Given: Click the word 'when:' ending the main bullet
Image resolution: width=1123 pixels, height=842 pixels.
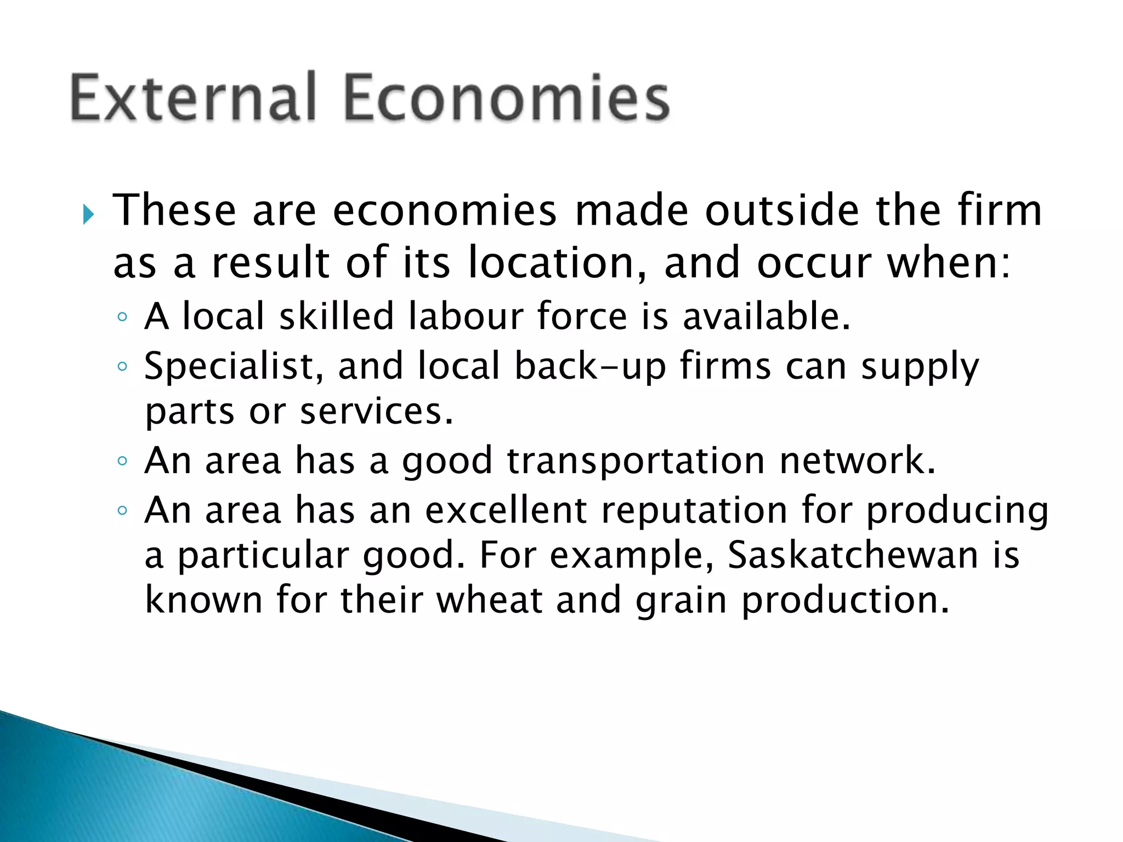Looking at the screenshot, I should pos(949,263).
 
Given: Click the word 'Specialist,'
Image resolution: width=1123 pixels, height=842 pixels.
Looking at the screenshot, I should pos(234,367).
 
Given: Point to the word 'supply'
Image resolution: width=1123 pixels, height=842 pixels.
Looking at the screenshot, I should pos(920,367).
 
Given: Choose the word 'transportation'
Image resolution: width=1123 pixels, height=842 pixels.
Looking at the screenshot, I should pos(636,460).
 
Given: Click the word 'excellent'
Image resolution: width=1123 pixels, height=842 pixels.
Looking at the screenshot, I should pos(506,510).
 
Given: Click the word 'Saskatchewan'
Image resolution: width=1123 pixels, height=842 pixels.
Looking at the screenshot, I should pos(853,555).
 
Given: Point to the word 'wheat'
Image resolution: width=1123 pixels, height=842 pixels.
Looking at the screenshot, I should pos(490,599).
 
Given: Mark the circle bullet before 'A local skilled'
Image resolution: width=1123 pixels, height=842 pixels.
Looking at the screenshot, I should pos(122,316).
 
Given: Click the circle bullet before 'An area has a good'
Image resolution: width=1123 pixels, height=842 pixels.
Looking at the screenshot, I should pos(122,461).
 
